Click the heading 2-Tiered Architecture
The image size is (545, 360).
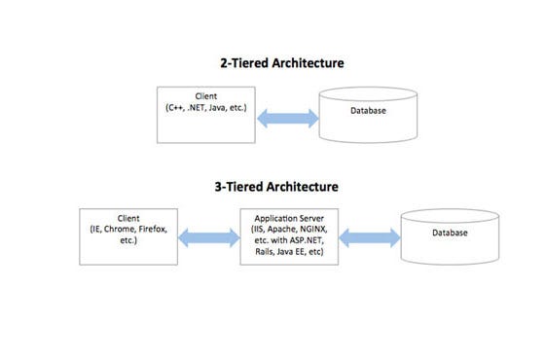[x=281, y=63]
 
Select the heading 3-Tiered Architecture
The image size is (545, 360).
[x=281, y=186]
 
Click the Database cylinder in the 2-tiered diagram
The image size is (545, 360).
[x=370, y=115]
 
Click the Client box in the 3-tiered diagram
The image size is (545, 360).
[x=128, y=234]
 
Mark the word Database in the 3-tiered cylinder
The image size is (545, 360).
[x=451, y=233]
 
